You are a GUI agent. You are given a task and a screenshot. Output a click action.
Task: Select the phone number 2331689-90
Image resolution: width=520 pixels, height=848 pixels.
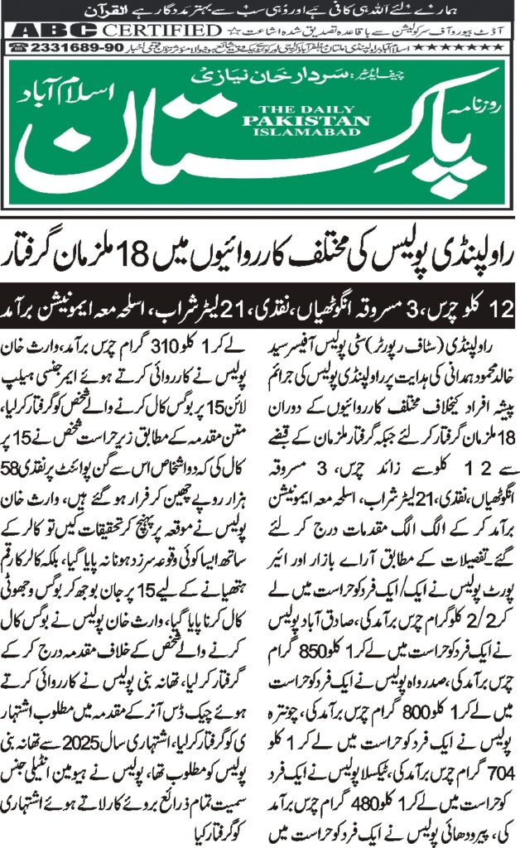(x=67, y=48)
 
